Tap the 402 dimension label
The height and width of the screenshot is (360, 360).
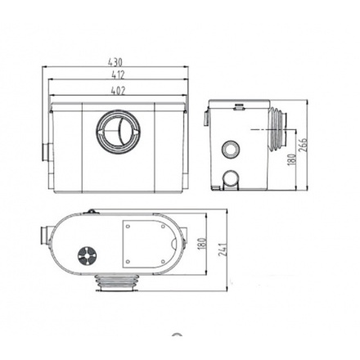(x=116, y=90)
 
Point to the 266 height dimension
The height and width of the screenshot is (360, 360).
(x=303, y=144)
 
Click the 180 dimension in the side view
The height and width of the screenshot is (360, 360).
(x=290, y=160)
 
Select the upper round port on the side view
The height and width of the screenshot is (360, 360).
(x=230, y=150)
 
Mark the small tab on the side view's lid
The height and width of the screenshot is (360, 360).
(x=237, y=105)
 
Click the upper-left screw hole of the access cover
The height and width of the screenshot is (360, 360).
(x=128, y=223)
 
